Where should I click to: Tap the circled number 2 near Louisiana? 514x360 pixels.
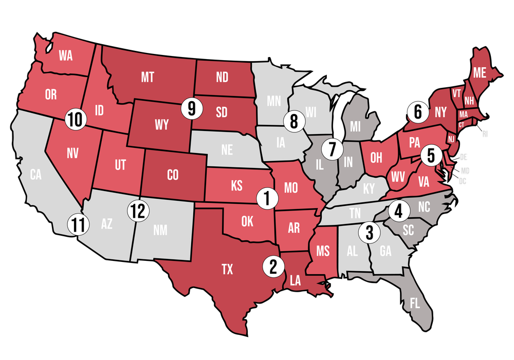pos(273,266)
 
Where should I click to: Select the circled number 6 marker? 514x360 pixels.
pos(418,111)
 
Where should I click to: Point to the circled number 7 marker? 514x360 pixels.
pos(332,149)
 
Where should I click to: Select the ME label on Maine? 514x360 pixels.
pos(480,73)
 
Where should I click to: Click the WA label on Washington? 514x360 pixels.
pos(65,55)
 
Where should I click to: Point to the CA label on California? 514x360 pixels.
pos(35,175)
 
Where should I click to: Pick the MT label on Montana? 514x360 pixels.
pos(148,77)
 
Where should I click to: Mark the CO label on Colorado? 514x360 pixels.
pos(173,175)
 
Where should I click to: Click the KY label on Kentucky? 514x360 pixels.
pos(369,188)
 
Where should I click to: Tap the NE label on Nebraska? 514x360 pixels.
pos(227,149)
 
